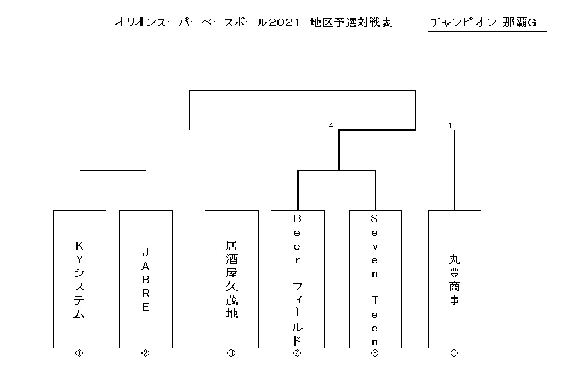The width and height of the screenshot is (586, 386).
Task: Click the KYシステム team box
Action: click(80, 279)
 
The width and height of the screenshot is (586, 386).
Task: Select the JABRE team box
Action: click(146, 279)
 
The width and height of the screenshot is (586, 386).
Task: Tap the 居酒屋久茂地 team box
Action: click(232, 279)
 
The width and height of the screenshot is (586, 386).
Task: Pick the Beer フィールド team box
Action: click(298, 279)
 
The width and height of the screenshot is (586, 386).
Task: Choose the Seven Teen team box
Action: click(375, 279)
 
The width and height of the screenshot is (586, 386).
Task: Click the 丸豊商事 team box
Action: click(454, 279)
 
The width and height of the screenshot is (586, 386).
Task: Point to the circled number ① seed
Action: click(79, 353)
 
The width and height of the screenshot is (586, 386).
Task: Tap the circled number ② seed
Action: click(145, 353)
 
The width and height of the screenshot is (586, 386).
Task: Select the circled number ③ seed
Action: click(232, 353)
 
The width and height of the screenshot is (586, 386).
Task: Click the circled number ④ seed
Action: click(297, 353)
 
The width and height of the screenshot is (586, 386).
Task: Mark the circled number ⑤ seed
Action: click(375, 353)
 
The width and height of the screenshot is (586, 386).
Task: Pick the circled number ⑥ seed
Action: click(454, 353)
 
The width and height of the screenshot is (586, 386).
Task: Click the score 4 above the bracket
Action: click(331, 126)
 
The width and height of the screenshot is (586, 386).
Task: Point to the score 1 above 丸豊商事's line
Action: click(450, 126)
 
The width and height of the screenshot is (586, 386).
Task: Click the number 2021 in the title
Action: click(283, 22)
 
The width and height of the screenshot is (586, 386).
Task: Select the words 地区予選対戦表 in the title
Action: click(351, 22)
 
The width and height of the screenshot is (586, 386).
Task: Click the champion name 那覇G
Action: click(519, 22)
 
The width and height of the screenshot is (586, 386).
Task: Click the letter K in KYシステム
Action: click(79, 246)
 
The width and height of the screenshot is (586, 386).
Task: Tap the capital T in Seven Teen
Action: click(375, 300)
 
